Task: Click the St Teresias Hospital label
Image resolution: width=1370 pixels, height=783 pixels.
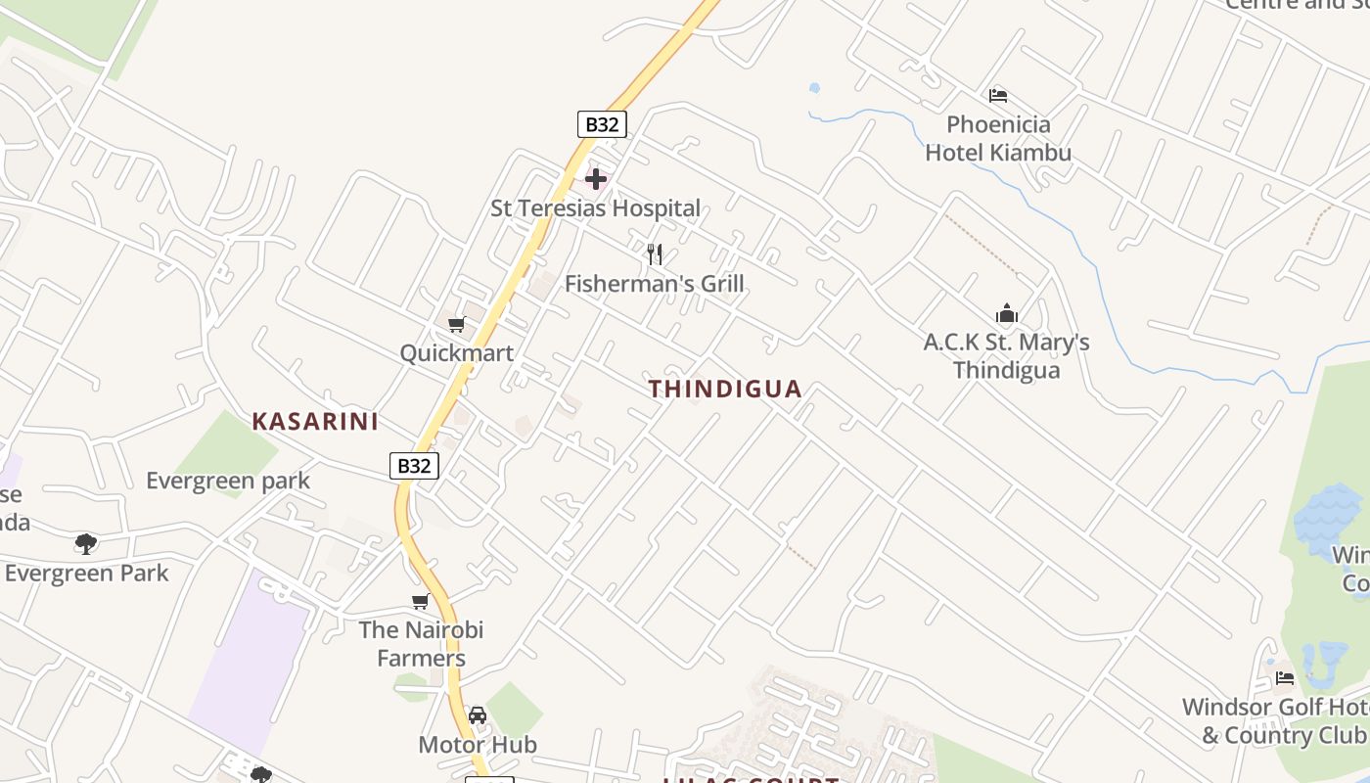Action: click(x=595, y=208)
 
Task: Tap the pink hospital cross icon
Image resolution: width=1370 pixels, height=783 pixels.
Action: click(x=596, y=179)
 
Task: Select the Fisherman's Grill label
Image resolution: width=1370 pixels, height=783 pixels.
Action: click(x=655, y=284)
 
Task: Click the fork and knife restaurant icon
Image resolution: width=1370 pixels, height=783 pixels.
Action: click(x=655, y=254)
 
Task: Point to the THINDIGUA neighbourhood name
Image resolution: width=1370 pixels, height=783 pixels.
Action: click(x=725, y=389)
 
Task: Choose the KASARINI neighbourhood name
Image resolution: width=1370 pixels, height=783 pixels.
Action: click(x=315, y=422)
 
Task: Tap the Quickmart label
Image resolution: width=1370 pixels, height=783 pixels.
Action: click(x=456, y=353)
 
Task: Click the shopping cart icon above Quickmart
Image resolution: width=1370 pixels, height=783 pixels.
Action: click(x=456, y=324)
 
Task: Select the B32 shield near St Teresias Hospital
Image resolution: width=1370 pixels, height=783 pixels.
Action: click(x=602, y=124)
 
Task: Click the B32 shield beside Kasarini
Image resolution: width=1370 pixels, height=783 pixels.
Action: click(x=414, y=466)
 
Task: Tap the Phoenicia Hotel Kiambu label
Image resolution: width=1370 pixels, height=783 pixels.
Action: click(x=998, y=139)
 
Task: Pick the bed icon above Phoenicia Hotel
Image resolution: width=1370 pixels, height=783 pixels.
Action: click(x=998, y=96)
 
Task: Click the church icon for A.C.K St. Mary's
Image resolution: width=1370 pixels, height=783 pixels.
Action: click(x=1007, y=314)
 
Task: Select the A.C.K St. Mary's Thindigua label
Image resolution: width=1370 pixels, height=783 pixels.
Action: click(x=1007, y=356)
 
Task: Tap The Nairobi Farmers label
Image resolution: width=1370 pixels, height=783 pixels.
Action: click(x=421, y=644)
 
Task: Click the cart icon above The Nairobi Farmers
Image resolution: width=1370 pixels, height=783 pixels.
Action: click(x=421, y=601)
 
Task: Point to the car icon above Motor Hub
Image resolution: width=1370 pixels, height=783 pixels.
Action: click(x=478, y=715)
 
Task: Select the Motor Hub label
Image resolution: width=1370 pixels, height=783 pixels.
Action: click(x=478, y=745)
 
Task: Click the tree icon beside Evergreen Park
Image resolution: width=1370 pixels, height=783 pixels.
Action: click(x=86, y=543)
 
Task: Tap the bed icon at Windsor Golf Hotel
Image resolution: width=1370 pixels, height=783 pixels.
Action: click(x=1285, y=677)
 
